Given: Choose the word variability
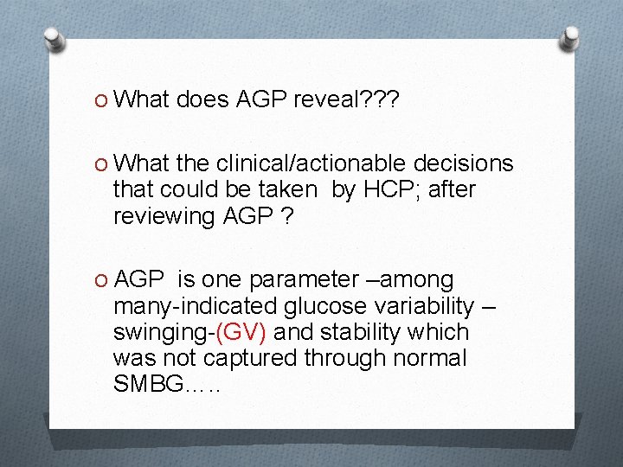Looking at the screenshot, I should click(421, 306).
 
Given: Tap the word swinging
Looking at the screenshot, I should click(159, 333).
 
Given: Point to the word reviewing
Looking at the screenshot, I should click(163, 215).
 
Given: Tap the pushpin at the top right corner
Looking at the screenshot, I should click(571, 39).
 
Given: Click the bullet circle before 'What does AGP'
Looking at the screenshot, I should click(100, 100).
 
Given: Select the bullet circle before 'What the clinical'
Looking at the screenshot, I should click(100, 163).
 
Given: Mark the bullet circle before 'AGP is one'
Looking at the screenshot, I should click(100, 280).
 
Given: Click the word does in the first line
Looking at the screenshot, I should click(202, 100).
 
